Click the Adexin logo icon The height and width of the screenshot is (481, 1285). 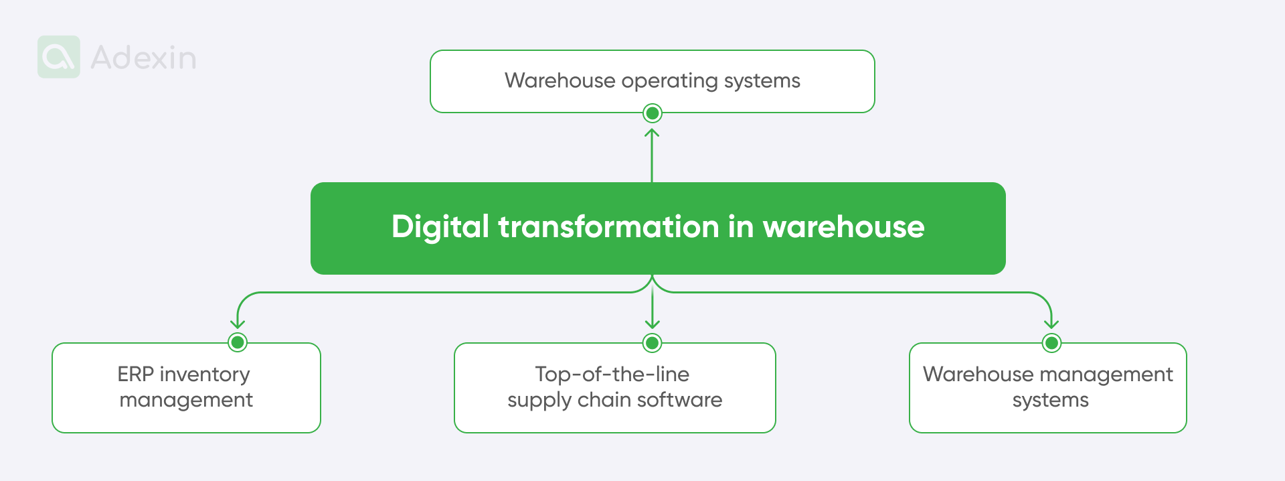pos(59,57)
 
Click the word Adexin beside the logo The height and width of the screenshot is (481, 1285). pos(143,58)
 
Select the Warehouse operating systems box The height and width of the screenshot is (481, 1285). pos(652,81)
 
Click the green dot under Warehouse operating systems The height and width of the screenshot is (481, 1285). pos(652,113)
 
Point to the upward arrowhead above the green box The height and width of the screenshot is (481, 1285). pos(652,133)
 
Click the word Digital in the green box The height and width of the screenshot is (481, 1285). pos(440,227)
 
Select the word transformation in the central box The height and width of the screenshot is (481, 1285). pos(608,227)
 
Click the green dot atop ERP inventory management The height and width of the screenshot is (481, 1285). pos(238,342)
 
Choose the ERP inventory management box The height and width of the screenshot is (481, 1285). pos(186,388)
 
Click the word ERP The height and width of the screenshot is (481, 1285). pos(135,374)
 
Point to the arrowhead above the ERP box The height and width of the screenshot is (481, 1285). pos(238,324)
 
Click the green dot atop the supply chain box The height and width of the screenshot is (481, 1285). pos(652,343)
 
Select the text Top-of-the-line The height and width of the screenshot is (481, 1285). pos(612,374)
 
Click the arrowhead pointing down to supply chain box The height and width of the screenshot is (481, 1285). pos(652,324)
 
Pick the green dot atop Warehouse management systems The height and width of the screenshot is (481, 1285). pos(1051,343)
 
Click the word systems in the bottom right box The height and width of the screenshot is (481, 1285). pos(1050,401)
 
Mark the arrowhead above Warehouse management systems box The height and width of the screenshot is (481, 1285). pos(1051,324)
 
